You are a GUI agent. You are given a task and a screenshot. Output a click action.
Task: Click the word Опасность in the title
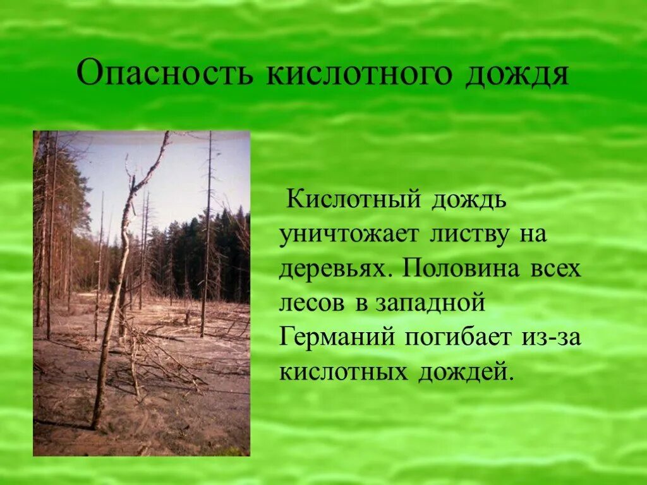coord(165,75)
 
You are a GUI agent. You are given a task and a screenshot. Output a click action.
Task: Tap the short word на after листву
coord(532,235)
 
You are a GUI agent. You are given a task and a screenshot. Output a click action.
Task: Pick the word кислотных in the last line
coord(343,372)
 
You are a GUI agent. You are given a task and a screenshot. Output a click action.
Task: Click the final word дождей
coord(463,372)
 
